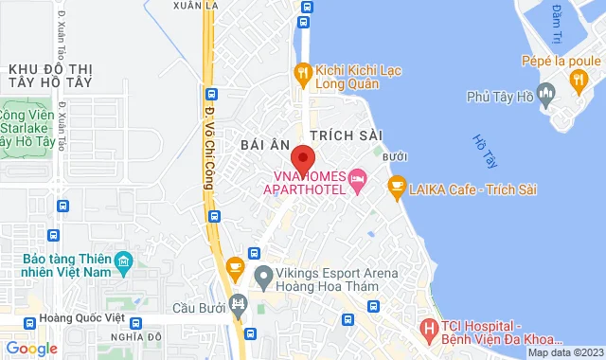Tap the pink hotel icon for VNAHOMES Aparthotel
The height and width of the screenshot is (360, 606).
click(x=357, y=178)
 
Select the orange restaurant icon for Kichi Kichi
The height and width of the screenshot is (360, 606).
click(x=302, y=70)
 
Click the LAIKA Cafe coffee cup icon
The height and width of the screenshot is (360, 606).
click(x=396, y=188)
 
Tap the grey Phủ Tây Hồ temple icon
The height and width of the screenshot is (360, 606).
click(x=545, y=94)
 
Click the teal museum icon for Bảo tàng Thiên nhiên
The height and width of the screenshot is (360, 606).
click(x=123, y=260)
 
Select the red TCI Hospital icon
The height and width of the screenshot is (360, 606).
click(x=430, y=331)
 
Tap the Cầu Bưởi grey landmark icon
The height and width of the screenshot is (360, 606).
click(x=238, y=305)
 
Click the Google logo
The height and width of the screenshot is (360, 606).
click(x=31, y=348)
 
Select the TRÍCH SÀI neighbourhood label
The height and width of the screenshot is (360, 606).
click(x=337, y=136)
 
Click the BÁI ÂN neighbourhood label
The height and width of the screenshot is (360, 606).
click(x=264, y=145)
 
